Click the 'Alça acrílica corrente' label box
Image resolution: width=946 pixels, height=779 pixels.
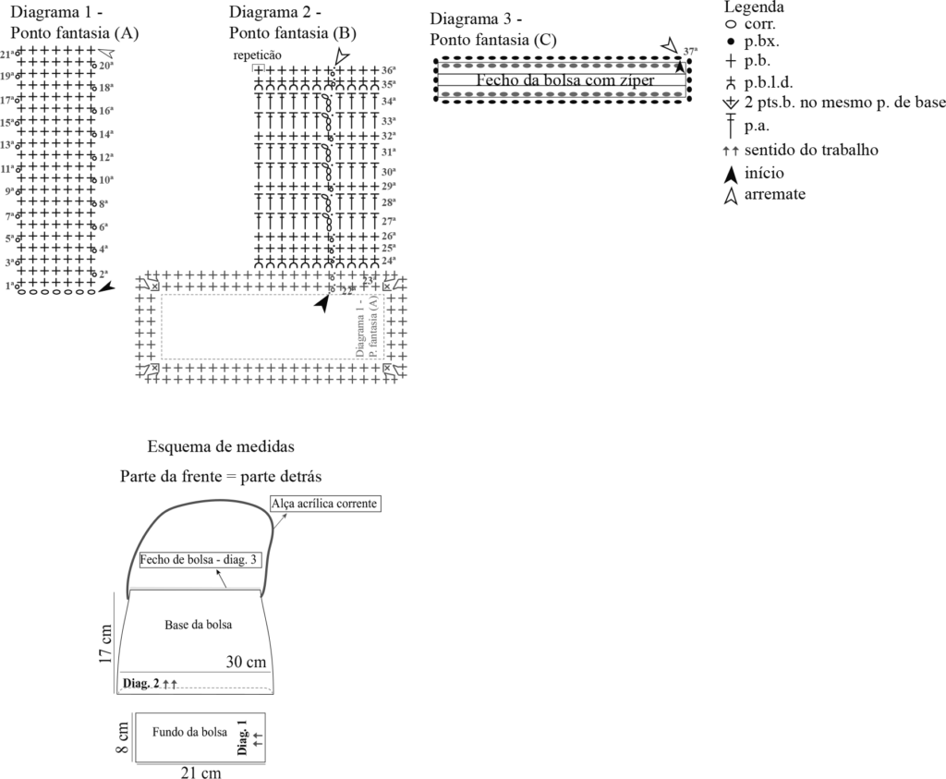coord(324,502)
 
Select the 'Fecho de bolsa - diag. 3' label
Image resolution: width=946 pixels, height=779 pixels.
coord(198,560)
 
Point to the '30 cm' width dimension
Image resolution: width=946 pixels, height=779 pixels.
coord(246,662)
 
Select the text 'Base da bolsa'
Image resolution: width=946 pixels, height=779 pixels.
coord(198,625)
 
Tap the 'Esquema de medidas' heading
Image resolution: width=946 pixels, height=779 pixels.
coord(221,447)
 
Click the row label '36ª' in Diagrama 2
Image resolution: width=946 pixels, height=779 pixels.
coord(389,70)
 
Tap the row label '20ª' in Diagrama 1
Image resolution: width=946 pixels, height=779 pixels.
coord(106,66)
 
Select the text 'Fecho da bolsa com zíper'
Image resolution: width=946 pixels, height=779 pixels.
coord(564,80)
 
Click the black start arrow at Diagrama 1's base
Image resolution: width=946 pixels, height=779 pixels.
coord(108,288)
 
